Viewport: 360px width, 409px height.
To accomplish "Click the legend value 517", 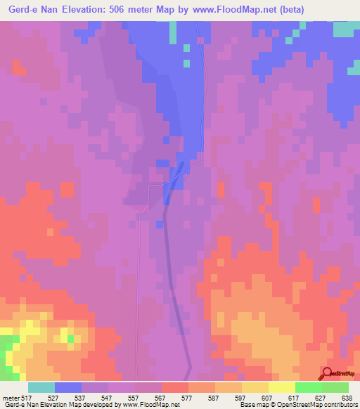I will point(28,397).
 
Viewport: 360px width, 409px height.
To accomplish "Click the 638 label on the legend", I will point(346,397).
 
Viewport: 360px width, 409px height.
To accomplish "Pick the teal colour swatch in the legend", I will point(41,387).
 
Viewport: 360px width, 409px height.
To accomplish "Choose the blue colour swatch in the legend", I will point(68,387).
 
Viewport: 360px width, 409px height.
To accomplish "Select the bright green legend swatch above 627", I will point(308,387).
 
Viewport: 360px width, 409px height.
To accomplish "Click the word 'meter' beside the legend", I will point(11,397).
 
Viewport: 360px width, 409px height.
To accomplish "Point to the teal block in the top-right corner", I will point(345,30).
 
